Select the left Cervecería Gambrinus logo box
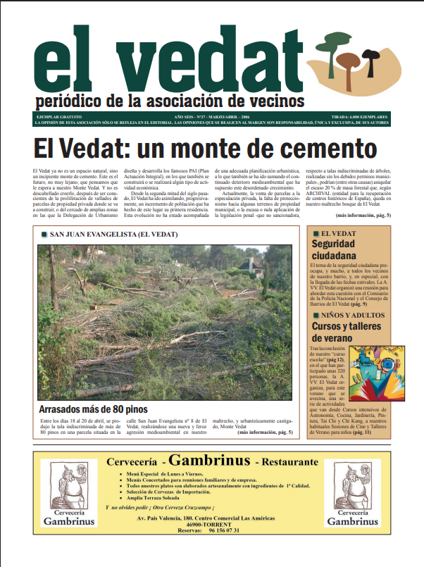pos(68,492)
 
